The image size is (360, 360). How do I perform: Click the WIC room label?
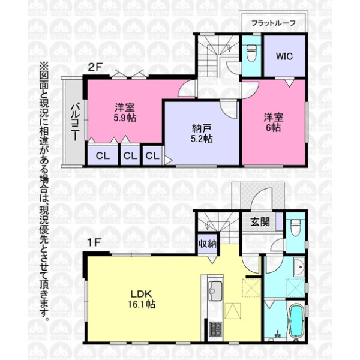[x=284, y=56]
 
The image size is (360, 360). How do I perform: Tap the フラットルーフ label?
[x=274, y=23]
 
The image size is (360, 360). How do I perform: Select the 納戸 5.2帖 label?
[x=202, y=134]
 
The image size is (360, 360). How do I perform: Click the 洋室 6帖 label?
[x=274, y=122]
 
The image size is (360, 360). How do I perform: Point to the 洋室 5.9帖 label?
[x=125, y=113]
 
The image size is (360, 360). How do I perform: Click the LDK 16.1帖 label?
[x=142, y=299]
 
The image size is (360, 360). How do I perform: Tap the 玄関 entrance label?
[x=260, y=222]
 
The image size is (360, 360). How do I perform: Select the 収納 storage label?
[x=208, y=244]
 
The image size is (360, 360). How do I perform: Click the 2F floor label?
[x=95, y=67]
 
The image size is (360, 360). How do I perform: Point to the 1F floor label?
[x=94, y=242]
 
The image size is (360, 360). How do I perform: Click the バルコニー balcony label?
[x=75, y=122]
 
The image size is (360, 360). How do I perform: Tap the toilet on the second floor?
[x=251, y=53]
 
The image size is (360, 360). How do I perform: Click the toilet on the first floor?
[x=295, y=228]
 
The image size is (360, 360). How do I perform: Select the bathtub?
[x=296, y=323]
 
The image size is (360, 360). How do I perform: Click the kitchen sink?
[x=215, y=291]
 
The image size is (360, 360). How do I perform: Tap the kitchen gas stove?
[x=215, y=329]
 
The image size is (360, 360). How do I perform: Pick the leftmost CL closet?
[x=103, y=155]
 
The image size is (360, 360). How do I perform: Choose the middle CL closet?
[x=130, y=155]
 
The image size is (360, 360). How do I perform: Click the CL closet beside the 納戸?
[x=152, y=155]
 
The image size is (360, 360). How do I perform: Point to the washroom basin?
[x=299, y=267]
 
